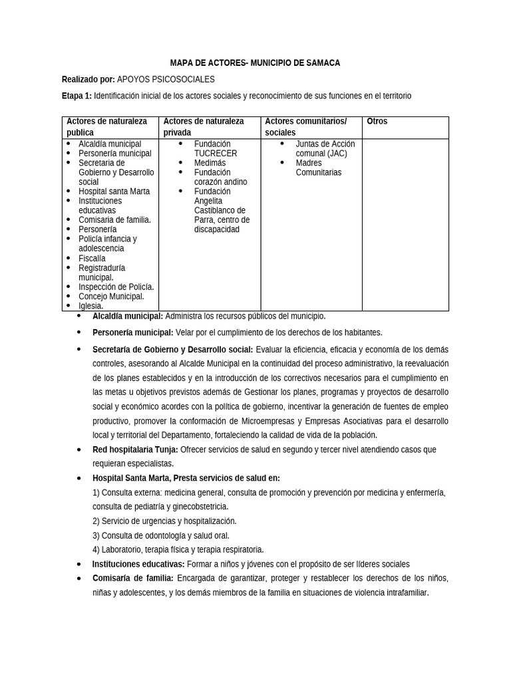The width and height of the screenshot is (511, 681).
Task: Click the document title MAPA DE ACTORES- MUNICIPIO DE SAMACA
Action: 255,63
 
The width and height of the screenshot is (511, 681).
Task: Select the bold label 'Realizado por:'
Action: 88,79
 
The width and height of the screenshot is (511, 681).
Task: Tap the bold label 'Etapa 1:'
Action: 77,96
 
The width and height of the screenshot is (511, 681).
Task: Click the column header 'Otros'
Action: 377,122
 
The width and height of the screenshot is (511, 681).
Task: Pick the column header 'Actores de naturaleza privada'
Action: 204,127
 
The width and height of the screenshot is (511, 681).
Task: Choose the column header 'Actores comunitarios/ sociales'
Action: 305,127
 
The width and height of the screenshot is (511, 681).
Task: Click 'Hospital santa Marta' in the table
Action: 114,192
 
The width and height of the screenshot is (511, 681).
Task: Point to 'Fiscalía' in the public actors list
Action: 92,258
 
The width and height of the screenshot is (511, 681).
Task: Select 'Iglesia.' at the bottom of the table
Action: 90,306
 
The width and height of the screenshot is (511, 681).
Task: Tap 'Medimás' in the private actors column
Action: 210,163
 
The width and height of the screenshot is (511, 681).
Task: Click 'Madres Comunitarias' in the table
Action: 318,168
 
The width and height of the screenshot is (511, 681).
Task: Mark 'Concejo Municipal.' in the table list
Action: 111,297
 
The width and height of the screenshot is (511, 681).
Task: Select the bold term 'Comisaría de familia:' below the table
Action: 133,578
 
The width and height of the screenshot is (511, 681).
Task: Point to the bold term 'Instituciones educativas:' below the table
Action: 138,564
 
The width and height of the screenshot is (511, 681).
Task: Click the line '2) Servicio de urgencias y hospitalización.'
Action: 164,521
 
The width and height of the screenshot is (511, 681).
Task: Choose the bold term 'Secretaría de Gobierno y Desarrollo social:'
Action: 172,349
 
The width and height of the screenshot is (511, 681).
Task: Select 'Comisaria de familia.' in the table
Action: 114,220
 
